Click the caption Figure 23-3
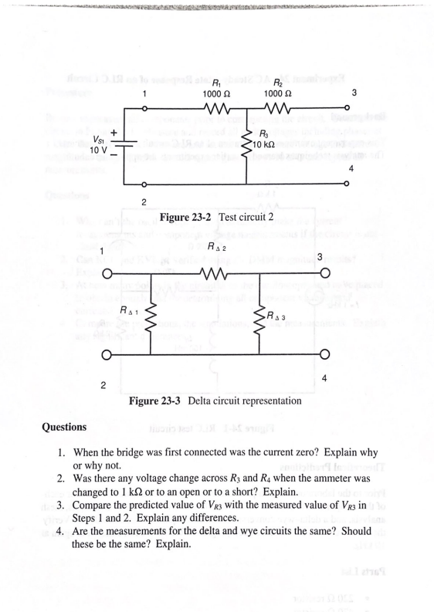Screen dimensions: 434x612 (161, 401)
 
